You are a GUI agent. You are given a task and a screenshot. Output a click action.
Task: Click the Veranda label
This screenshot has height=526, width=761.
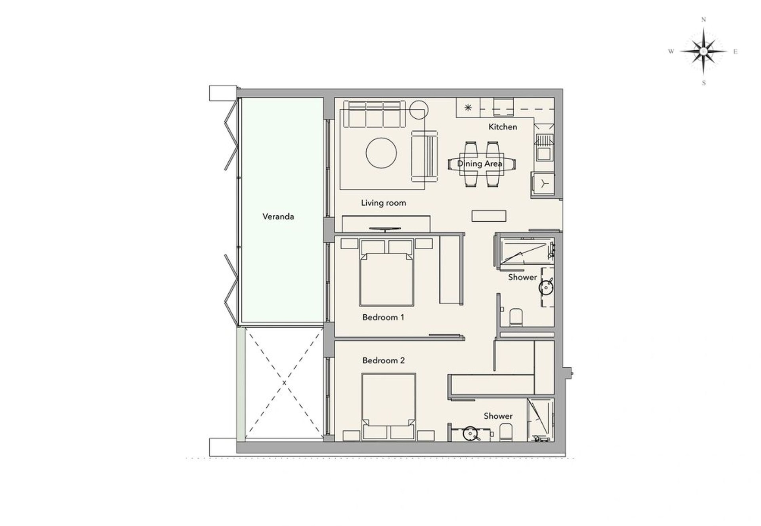(x=278, y=216)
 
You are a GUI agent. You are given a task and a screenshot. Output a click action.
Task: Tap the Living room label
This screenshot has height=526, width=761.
(x=383, y=203)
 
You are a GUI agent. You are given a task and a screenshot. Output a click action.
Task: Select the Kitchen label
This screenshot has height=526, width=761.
(x=503, y=127)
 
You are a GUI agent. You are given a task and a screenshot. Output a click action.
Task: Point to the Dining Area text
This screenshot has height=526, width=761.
(x=480, y=163)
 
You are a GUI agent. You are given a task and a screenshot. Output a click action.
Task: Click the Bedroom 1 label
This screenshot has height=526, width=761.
(x=383, y=317)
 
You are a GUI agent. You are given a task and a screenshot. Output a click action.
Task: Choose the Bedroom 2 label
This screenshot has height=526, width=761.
(x=383, y=361)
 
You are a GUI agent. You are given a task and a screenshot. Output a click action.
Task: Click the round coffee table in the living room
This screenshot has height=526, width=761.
(x=381, y=153)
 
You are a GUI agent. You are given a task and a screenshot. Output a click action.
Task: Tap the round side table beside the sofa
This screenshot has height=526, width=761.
(x=419, y=110)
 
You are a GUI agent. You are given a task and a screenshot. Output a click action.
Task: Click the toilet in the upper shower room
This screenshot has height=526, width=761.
(x=516, y=317)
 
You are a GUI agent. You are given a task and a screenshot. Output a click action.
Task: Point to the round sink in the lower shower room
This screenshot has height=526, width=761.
(x=470, y=433)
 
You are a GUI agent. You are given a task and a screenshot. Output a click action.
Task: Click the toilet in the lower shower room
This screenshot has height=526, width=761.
(x=506, y=433)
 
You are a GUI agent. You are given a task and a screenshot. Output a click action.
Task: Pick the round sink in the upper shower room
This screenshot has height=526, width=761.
(x=546, y=287)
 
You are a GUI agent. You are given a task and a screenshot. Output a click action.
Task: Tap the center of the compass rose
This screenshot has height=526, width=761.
(x=704, y=51)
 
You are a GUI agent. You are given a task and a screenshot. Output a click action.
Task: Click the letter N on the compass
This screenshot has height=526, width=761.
(x=704, y=19)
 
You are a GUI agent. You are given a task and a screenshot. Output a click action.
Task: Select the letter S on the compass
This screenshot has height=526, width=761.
(x=704, y=83)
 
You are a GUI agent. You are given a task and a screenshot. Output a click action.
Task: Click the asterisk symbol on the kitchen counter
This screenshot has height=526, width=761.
(x=468, y=107)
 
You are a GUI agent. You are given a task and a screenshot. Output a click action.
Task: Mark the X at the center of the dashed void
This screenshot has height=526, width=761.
(x=284, y=383)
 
